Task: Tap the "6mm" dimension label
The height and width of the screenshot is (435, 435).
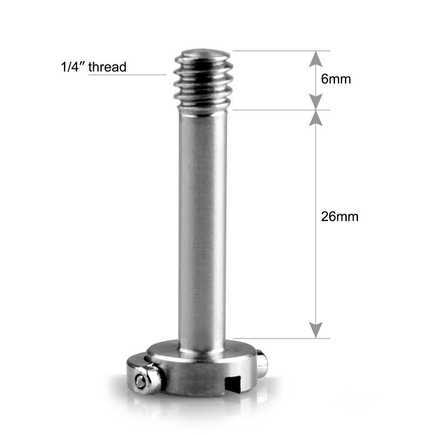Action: (336, 79)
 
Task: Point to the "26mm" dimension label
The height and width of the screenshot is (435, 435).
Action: (340, 217)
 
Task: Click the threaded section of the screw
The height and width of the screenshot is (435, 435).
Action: (203, 83)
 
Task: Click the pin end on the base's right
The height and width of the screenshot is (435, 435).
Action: (262, 365)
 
